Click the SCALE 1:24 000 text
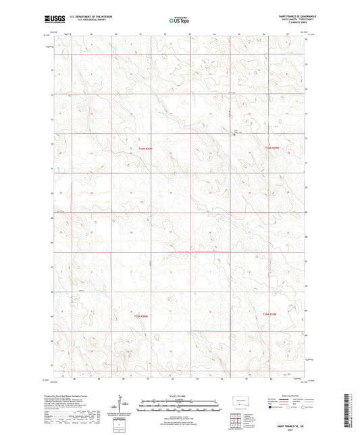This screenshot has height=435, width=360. [179, 395]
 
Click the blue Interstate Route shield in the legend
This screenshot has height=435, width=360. [270, 407]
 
